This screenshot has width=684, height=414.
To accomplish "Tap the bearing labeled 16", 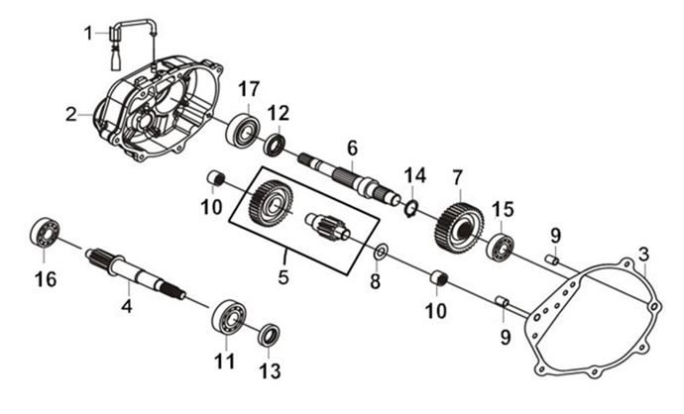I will [44, 234].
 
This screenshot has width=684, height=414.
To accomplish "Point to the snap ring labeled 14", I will [409, 206].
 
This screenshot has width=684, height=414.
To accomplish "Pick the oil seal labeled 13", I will [269, 335].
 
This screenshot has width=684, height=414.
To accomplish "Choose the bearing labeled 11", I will [229, 316].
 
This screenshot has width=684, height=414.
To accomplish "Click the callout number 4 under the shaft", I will [127, 306].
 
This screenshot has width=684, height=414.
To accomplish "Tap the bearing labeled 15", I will [500, 247].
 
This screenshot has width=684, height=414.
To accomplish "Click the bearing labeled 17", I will [242, 132].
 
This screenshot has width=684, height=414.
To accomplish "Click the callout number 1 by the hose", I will [89, 33].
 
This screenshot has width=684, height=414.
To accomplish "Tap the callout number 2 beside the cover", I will [71, 115].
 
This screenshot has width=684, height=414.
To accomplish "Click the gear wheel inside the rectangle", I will [263, 202].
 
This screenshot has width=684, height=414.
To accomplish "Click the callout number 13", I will [268, 371].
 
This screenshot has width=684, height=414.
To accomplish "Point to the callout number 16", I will [46, 280].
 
